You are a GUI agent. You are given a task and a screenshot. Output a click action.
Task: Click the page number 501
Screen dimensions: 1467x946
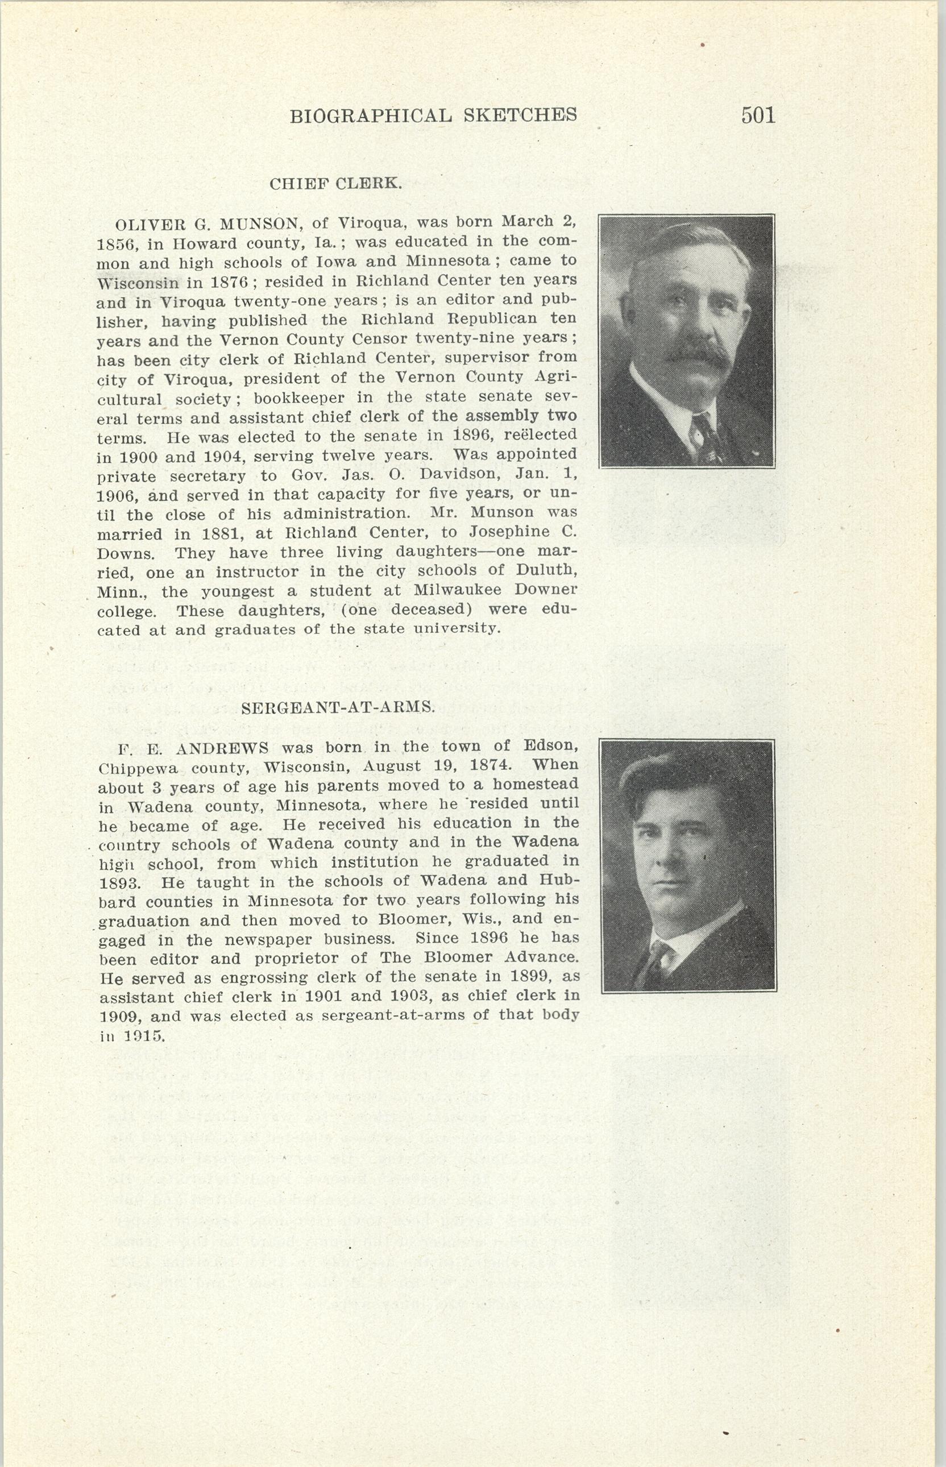pos(758,115)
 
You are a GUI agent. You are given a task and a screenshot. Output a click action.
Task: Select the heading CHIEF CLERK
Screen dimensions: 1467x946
pos(336,184)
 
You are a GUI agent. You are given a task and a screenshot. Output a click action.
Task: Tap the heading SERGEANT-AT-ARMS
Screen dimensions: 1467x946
pos(338,708)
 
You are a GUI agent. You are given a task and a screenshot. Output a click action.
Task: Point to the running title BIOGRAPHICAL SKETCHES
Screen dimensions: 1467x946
pos(433,115)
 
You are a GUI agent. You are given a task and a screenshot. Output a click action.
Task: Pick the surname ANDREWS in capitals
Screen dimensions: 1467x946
pos(222,749)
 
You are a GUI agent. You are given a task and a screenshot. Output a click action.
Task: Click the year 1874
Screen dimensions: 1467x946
pos(489,766)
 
